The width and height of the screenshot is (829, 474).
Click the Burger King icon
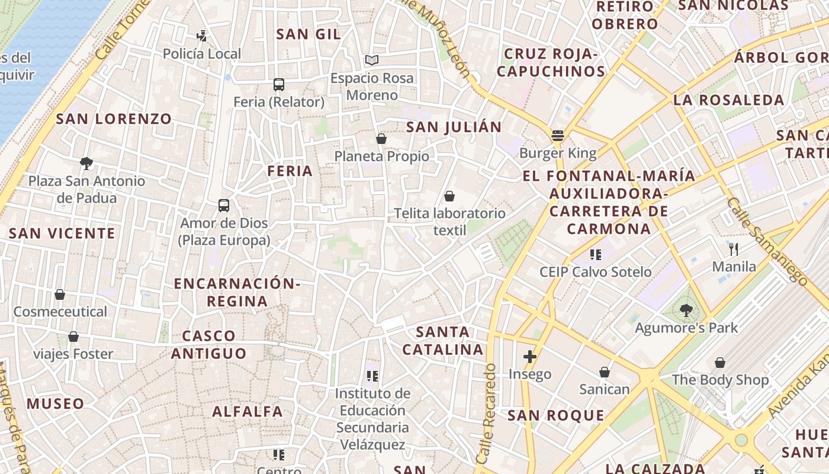[x=558, y=136]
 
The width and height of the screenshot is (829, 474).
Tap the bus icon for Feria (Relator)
[x=279, y=85]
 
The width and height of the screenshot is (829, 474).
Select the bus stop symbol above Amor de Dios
[x=224, y=206]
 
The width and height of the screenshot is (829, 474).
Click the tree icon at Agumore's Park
[x=686, y=309]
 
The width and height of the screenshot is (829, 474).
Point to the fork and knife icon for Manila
[x=734, y=249]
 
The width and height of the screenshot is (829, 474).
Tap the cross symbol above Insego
[x=530, y=357]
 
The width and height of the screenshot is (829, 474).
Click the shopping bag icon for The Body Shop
[x=720, y=363]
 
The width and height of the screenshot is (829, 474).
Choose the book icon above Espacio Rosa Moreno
[x=372, y=60]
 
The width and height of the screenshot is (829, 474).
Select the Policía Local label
[x=202, y=54]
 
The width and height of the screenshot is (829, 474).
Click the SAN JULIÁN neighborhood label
[x=454, y=127]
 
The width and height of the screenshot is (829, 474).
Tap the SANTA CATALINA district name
[x=443, y=341]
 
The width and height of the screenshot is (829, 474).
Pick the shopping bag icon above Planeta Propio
[x=381, y=139]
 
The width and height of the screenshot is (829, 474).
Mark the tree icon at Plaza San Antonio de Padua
[x=86, y=163]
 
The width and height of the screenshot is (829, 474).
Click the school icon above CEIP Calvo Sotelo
[x=595, y=255]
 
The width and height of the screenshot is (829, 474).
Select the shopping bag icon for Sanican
[x=605, y=372]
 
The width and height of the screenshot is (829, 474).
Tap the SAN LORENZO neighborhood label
[x=114, y=118]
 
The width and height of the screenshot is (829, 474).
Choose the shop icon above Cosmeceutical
[x=60, y=294]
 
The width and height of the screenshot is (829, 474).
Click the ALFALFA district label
[x=248, y=411]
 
